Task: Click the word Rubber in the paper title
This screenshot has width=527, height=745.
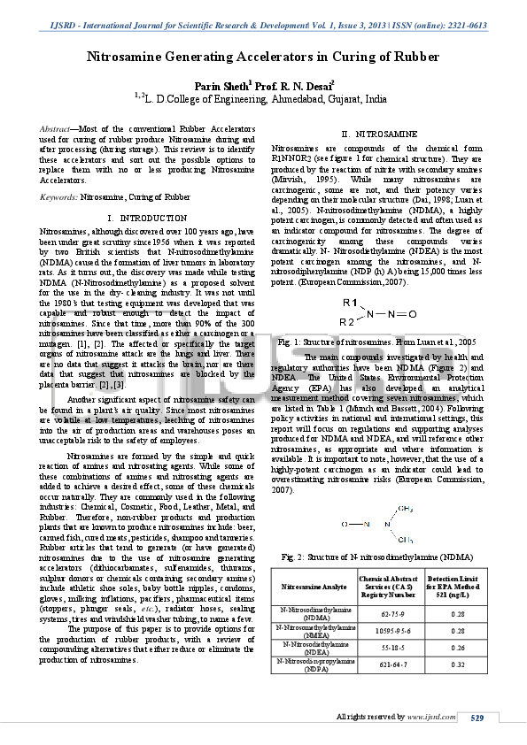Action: coord(415,57)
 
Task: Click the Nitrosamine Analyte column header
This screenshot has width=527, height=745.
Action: coord(314,587)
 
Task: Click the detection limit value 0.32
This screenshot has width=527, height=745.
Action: coord(458,664)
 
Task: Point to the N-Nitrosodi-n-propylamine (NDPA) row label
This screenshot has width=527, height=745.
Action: coord(314,664)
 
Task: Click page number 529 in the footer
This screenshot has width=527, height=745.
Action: coord(477,717)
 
